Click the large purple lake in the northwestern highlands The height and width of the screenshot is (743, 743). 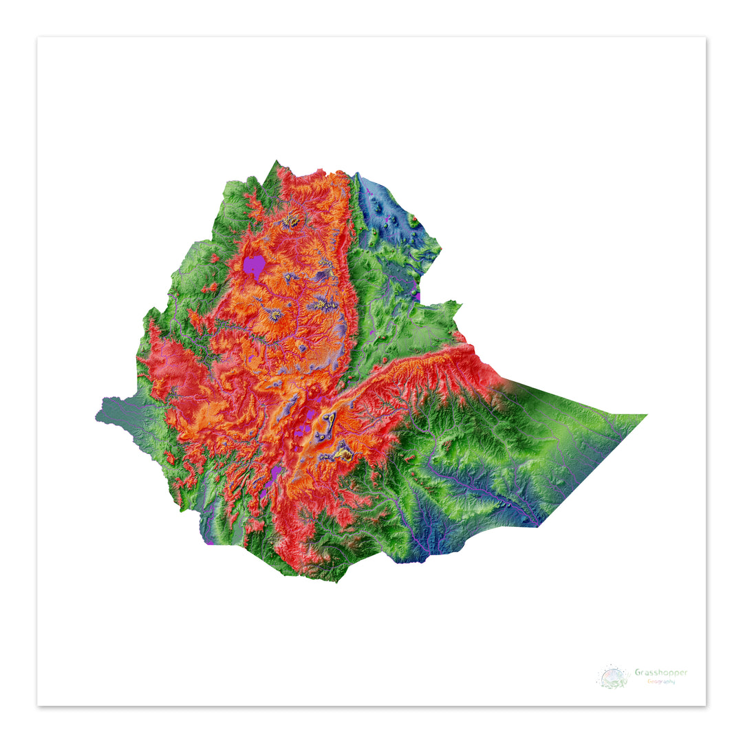tap(255, 265)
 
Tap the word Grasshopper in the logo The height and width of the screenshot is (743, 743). tap(660, 672)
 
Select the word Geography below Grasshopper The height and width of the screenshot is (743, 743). tap(660, 681)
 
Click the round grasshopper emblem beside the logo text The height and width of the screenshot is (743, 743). tap(613, 676)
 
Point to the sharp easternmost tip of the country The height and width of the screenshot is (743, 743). tap(646, 415)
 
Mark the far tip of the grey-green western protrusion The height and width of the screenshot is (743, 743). tap(96, 417)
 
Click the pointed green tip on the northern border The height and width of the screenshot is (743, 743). tap(278, 162)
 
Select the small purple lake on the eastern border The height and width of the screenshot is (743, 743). tap(418, 297)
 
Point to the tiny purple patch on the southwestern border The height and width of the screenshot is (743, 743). tap(208, 543)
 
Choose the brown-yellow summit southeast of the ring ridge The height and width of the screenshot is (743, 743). tap(342, 453)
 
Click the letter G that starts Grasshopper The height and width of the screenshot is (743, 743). tap(638, 672)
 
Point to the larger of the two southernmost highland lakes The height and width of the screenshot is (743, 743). tap(277, 474)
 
